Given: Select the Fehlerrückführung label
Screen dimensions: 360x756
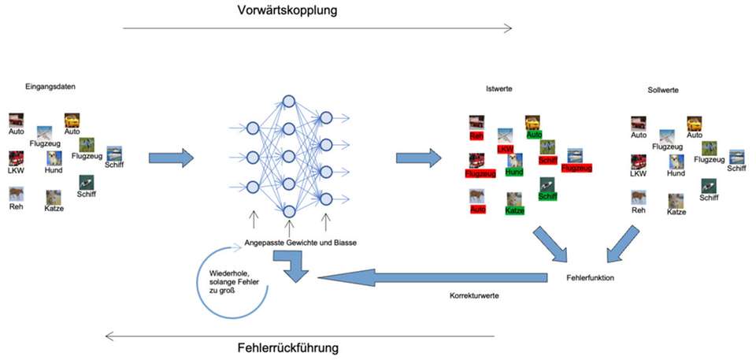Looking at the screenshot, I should tap(289, 347).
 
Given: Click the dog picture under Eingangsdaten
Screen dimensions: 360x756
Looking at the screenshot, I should tap(54, 158).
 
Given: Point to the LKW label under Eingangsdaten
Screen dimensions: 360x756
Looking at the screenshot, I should tap(17, 171).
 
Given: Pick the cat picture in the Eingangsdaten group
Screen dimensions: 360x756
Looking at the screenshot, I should tap(54, 197).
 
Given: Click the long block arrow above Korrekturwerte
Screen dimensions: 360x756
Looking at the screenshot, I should tap(433, 276).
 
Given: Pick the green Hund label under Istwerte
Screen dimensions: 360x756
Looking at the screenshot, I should tap(514, 172).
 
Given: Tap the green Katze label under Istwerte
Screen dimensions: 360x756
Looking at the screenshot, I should tap(514, 210).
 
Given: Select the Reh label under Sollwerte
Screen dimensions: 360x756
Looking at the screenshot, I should tap(639, 210).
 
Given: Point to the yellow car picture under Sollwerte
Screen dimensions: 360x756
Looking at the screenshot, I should tap(694, 123).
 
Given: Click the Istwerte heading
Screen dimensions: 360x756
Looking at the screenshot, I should tap(499, 89).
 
